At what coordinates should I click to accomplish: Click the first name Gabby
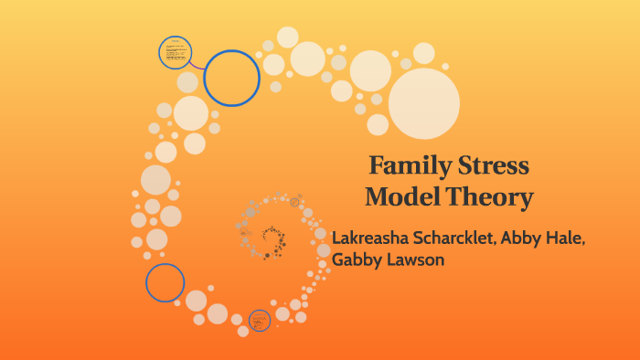pyautogui.click(x=357, y=261)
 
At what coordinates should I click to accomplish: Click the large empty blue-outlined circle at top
pyautogui.click(x=232, y=78)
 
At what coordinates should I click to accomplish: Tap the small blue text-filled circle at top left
pyautogui.click(x=175, y=52)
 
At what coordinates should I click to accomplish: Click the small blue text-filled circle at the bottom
pyautogui.click(x=261, y=320)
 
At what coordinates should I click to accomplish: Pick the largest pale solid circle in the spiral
pyautogui.click(x=424, y=103)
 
